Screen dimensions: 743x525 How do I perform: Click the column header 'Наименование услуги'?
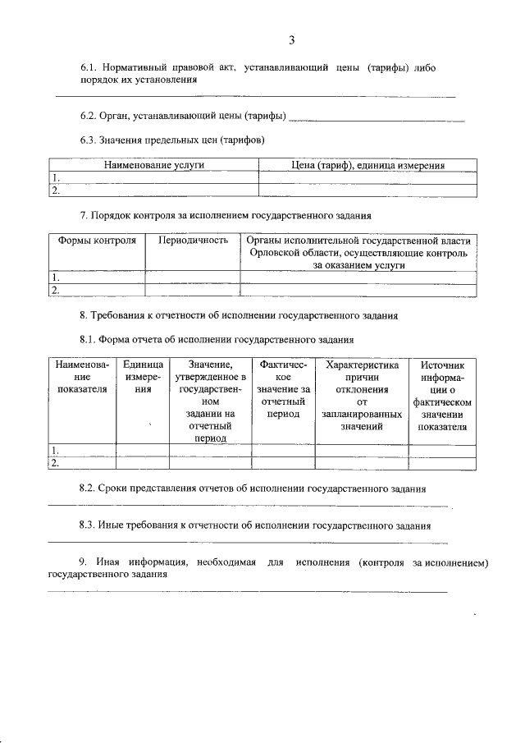[x=153, y=165]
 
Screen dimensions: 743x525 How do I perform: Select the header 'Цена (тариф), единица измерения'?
[x=368, y=165]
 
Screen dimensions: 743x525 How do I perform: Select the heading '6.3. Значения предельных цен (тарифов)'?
[x=171, y=140]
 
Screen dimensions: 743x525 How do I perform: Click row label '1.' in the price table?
[x=55, y=177]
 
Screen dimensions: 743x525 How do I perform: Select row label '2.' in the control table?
[x=55, y=290]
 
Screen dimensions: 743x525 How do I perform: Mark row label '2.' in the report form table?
[x=55, y=463]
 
